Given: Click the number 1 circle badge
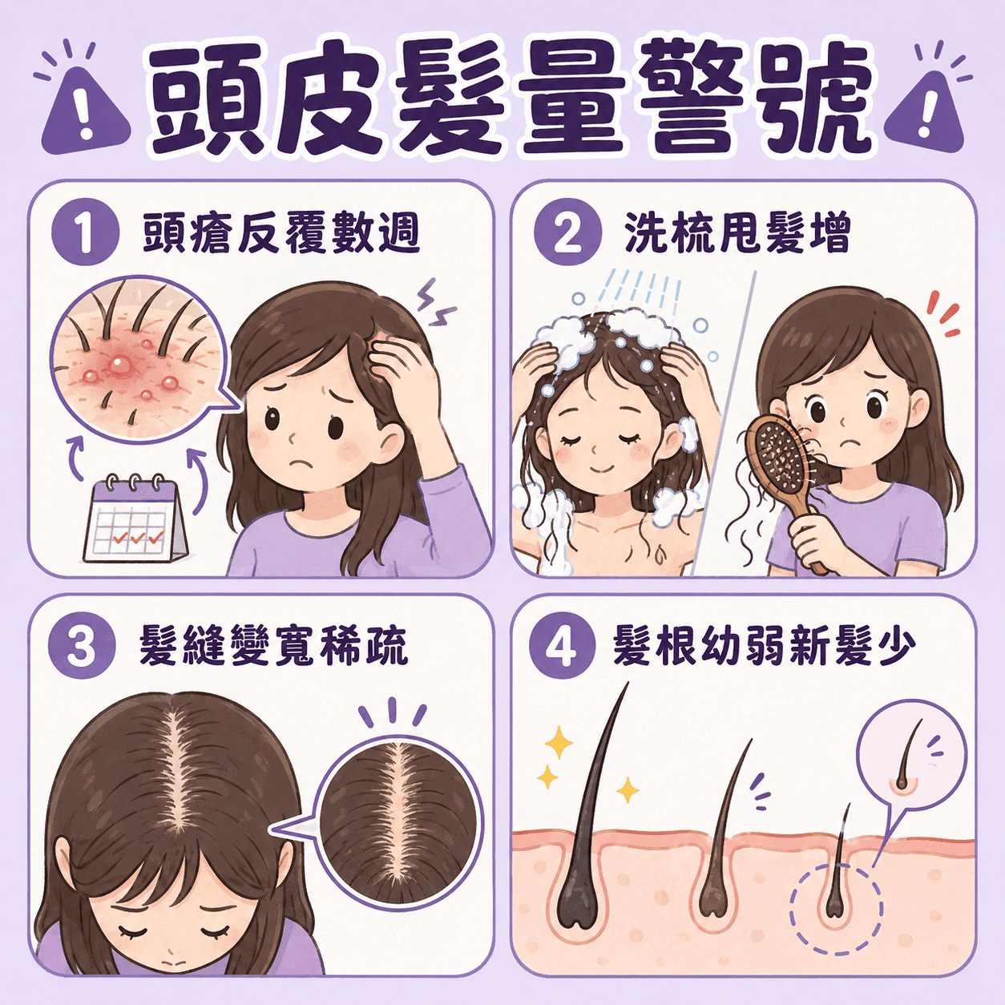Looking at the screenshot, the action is [x=85, y=234].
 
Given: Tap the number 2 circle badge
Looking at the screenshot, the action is [x=567, y=234].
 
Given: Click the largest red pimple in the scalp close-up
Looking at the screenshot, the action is [x=119, y=365].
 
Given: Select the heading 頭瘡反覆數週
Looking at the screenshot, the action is [x=281, y=234].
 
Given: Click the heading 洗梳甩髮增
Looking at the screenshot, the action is [x=737, y=234].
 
